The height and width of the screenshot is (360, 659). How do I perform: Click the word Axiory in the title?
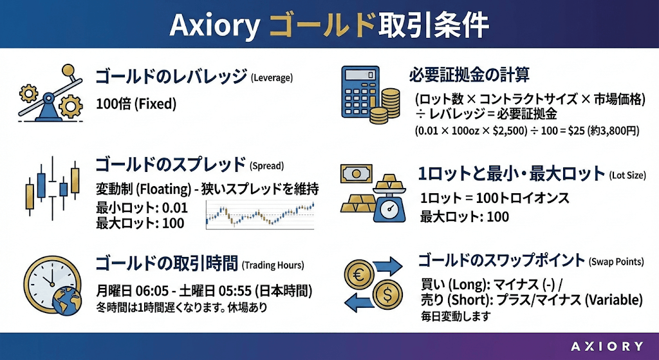(215, 25)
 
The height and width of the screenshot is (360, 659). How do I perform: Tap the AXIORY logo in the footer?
(607, 346)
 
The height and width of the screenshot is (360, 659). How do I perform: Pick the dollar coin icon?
(387, 294)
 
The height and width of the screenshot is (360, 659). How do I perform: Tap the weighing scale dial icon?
(391, 207)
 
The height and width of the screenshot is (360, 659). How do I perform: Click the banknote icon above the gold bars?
(357, 173)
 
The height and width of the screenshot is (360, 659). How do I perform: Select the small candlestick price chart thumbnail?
(260, 214)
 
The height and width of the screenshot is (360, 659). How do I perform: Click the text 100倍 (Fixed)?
(136, 104)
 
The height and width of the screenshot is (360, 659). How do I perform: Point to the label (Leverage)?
(272, 78)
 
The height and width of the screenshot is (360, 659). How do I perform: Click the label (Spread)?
(266, 166)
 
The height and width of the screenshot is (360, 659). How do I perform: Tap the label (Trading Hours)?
(273, 265)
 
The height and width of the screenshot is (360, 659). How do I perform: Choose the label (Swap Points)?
(616, 262)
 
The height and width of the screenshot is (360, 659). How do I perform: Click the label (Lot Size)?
(627, 175)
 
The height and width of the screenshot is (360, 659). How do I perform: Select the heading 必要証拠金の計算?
(469, 75)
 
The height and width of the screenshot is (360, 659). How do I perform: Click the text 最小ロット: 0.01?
(142, 208)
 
